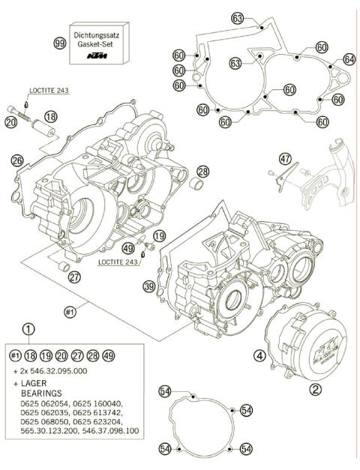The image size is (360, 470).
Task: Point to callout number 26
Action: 17,160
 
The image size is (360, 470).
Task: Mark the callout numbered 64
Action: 349,58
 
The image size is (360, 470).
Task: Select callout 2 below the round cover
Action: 316,389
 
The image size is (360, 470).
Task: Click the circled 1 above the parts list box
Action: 28,329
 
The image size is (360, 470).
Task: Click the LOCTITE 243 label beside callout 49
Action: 120,263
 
